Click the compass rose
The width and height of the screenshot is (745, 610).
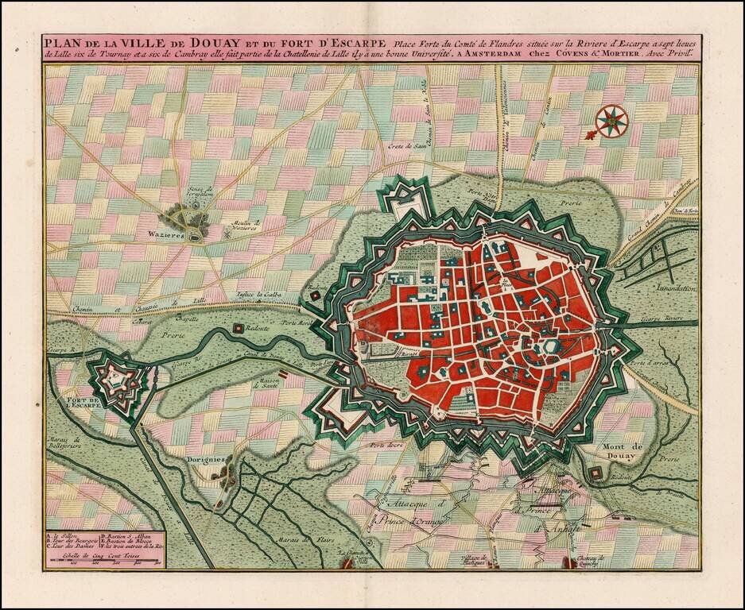point(612,121)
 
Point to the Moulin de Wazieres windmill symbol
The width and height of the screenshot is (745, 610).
point(227,234)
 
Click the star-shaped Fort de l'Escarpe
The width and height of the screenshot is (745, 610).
point(117,382)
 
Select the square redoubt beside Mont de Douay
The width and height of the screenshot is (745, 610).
point(596,473)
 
